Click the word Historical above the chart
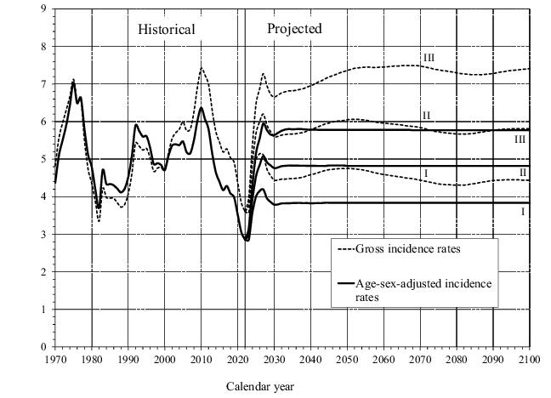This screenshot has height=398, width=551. (x=167, y=30)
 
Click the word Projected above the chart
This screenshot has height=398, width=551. (x=294, y=29)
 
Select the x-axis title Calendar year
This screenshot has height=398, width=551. (x=260, y=386)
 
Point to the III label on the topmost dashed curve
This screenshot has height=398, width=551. (x=429, y=57)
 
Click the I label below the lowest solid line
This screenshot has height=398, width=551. (x=522, y=212)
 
